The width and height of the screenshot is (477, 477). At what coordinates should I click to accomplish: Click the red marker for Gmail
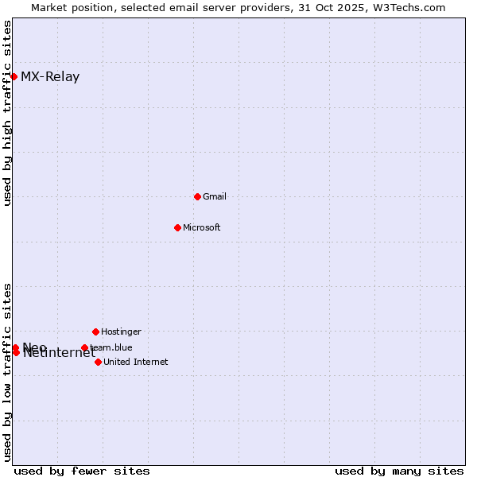(x=197, y=196)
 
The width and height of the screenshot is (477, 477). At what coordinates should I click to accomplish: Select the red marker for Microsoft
(x=177, y=227)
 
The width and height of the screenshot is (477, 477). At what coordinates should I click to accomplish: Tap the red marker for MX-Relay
(x=14, y=76)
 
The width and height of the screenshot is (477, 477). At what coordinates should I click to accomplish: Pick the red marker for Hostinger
(x=95, y=332)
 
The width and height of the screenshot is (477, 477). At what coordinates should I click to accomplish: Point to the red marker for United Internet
(x=98, y=362)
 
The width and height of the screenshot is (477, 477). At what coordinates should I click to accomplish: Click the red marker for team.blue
(x=84, y=347)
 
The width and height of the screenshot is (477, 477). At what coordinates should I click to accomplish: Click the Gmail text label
(x=215, y=196)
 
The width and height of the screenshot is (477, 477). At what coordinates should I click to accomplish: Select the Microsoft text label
(x=202, y=227)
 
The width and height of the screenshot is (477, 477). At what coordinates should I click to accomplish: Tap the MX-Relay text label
(x=50, y=77)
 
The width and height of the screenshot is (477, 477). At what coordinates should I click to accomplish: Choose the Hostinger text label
(x=121, y=332)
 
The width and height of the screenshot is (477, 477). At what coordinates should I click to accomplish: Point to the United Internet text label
(x=136, y=362)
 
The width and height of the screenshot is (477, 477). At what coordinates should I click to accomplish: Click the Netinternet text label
(x=60, y=354)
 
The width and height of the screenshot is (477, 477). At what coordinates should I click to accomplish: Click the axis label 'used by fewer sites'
(x=82, y=471)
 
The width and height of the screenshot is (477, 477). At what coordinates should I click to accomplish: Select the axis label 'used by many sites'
(x=399, y=471)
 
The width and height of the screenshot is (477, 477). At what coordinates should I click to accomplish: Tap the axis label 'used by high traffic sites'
(x=8, y=113)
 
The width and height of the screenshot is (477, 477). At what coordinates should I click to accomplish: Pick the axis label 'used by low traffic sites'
(x=8, y=372)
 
